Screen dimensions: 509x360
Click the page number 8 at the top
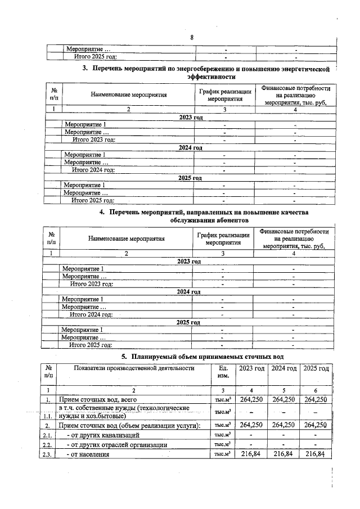click(192, 38)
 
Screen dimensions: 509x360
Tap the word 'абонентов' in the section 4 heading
click(192, 220)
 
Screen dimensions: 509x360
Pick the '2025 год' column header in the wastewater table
click(316, 368)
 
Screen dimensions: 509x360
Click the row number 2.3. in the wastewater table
click(48, 454)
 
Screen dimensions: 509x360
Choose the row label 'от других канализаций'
click(102, 435)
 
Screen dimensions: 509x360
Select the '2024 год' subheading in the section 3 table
click(190, 147)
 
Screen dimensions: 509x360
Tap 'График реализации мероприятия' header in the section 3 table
click(224, 95)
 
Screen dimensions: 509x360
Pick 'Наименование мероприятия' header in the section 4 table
click(126, 238)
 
